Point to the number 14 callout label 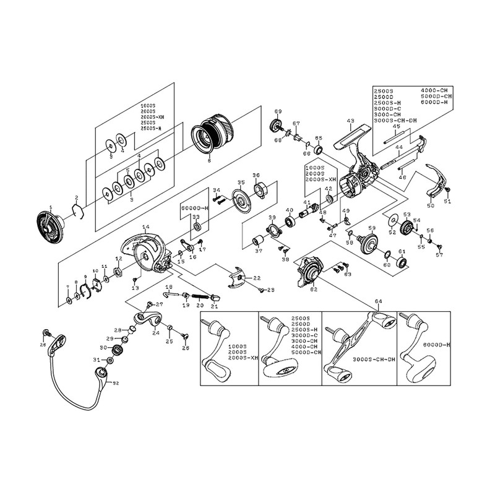click(x=146, y=228)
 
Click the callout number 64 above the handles click(x=379, y=302)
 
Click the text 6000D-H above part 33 click(x=194, y=209)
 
